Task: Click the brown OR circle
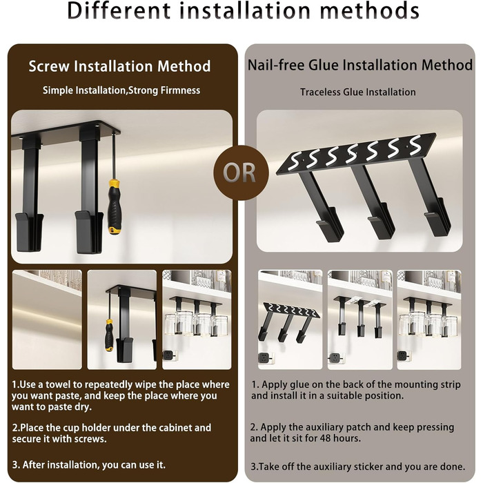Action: [241, 172]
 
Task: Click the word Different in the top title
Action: [119, 11]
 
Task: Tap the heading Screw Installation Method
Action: [120, 66]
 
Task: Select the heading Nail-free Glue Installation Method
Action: [360, 66]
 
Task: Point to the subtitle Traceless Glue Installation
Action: [358, 92]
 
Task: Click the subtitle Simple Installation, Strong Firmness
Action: [121, 90]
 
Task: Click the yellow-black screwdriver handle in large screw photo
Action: [115, 207]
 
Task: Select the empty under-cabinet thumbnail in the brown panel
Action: [47, 319]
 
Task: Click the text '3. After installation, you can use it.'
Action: [89, 464]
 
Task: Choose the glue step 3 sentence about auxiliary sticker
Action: [357, 466]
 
